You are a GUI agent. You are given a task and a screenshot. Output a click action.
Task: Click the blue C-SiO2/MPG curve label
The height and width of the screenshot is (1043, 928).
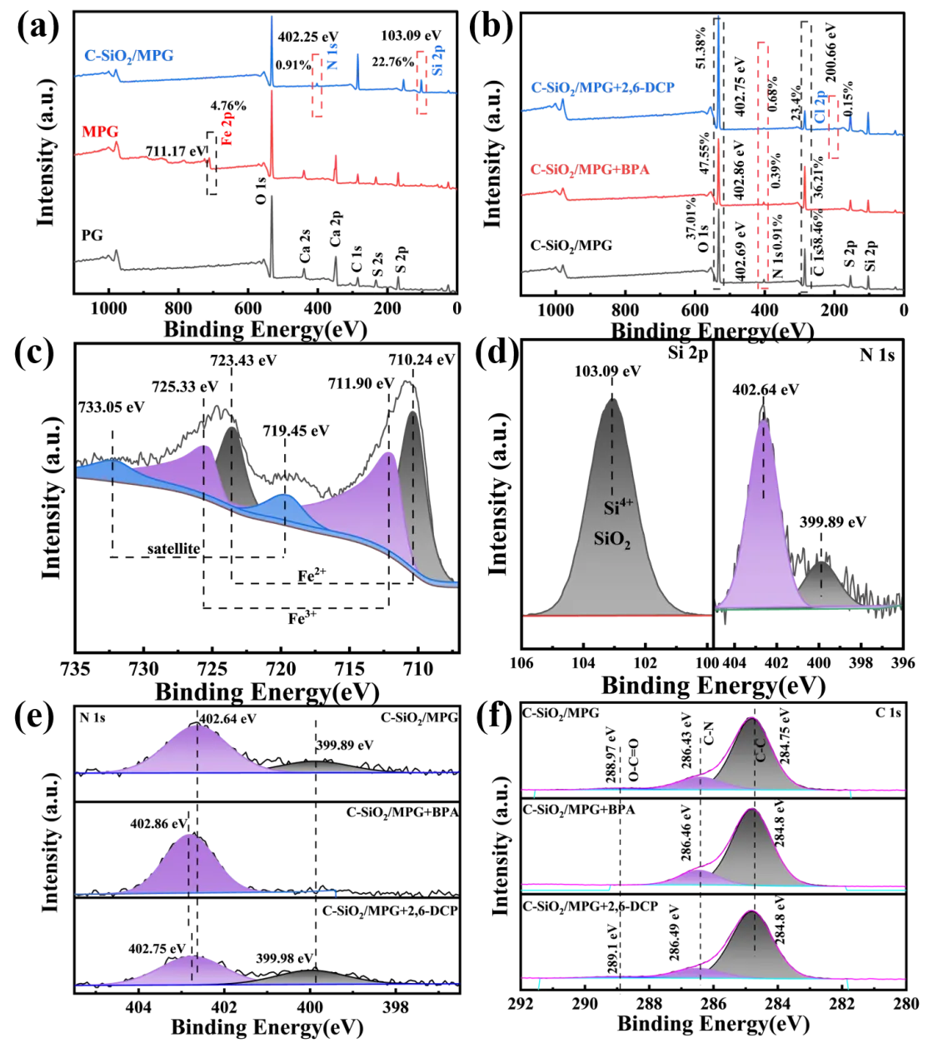click(x=131, y=57)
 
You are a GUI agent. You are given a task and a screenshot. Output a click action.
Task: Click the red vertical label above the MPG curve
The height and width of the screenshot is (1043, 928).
click(x=226, y=132)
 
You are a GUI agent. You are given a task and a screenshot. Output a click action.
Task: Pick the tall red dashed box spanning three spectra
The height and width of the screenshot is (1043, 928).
click(x=762, y=167)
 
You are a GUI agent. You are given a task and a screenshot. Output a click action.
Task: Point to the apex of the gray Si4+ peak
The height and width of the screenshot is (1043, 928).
click(x=613, y=401)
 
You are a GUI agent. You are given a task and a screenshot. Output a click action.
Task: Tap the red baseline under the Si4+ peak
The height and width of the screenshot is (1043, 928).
click(x=616, y=616)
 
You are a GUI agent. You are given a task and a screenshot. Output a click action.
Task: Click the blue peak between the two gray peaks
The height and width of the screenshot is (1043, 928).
click(x=284, y=509)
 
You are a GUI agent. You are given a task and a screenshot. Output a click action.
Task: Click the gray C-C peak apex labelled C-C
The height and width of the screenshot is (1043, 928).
click(x=753, y=718)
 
